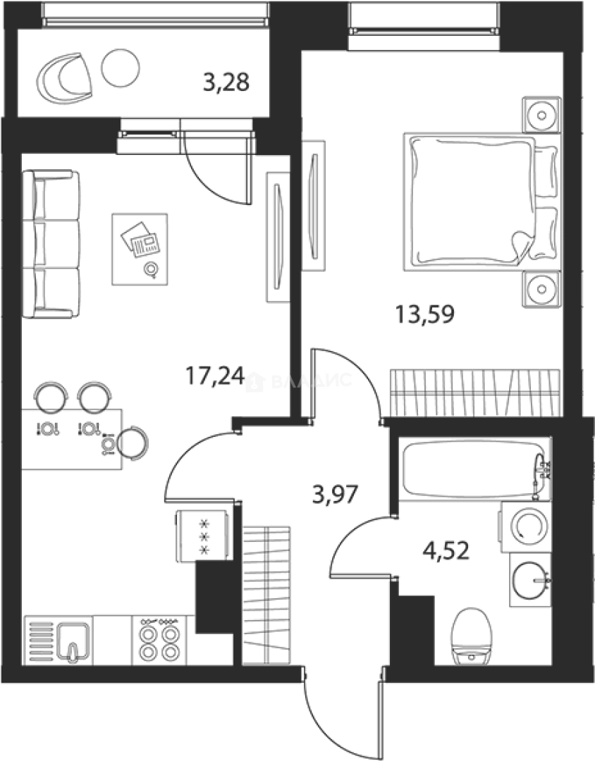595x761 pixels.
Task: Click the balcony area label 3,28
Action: pyautogui.click(x=226, y=84)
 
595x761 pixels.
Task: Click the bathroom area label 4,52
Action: pyautogui.click(x=446, y=547)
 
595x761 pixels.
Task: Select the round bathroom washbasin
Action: pyautogui.click(x=530, y=580)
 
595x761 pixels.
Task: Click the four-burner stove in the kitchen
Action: pyautogui.click(x=159, y=639)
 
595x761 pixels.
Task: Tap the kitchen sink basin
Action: pyautogui.click(x=73, y=638)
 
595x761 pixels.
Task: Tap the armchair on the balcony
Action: pyautogui.click(x=65, y=76)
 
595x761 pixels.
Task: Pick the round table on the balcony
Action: pyautogui.click(x=121, y=67)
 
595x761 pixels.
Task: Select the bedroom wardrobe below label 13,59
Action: pyautogui.click(x=475, y=392)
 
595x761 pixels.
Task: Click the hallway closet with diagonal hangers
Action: pyautogui.click(x=266, y=594)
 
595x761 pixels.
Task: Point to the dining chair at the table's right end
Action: pyautogui.click(x=133, y=443)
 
